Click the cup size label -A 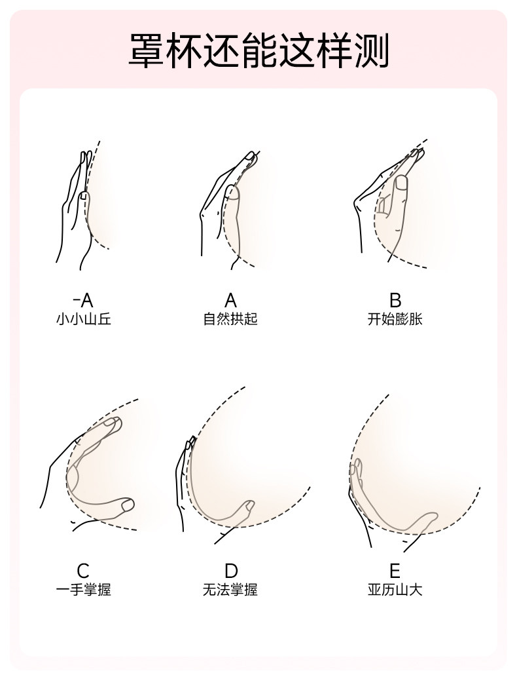tap(83, 301)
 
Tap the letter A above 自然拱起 tap(230, 301)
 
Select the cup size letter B tap(395, 301)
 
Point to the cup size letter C tap(83, 571)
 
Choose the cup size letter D tap(231, 571)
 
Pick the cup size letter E tap(395, 571)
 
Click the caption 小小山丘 tap(83, 320)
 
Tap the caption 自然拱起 tap(230, 320)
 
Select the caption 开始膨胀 tap(395, 320)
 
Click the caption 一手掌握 tap(83, 590)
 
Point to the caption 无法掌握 tap(230, 590)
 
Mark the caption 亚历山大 tap(395, 590)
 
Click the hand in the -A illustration tap(75, 210)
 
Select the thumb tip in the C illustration tap(127, 504)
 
